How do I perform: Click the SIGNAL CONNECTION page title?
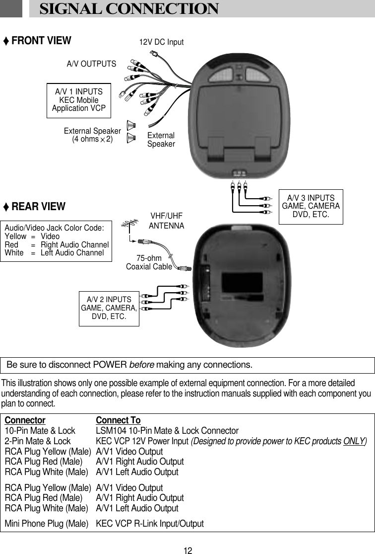pos(128,9)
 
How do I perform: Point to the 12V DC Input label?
pos(161,42)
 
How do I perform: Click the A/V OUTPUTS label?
pos(91,64)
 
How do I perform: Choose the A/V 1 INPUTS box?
pos(79,100)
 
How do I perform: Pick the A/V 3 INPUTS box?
pos(311,207)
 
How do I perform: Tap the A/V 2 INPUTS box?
pos(109,308)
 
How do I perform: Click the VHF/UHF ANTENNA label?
pos(167,221)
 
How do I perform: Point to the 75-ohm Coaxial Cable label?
pos(149,262)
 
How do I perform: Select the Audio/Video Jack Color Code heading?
pos(54,228)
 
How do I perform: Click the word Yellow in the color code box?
pos(15,237)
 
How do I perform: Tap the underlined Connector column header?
pos(25,420)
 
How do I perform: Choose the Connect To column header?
pos(118,420)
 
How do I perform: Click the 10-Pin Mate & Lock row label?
pos(40,430)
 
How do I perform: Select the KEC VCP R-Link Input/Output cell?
pos(150,524)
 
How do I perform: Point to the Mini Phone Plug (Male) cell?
pos(46,524)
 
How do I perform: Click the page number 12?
pos(187,550)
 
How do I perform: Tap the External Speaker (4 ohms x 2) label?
pos(92,135)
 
